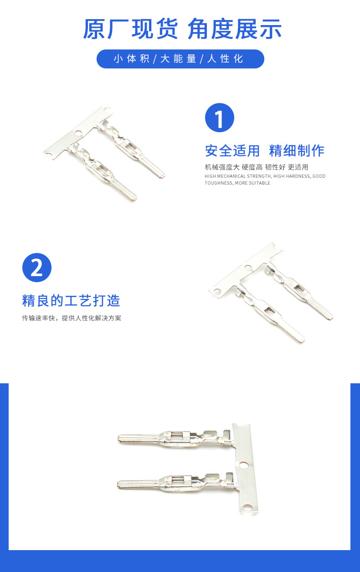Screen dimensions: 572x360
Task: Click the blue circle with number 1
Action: (219, 118)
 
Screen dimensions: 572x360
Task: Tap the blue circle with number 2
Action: (37, 268)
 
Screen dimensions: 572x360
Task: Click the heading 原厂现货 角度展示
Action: (182, 29)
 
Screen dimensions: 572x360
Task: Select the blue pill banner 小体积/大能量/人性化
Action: (180, 59)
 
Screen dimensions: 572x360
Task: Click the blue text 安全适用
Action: (232, 150)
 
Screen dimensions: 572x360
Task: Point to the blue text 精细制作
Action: (297, 150)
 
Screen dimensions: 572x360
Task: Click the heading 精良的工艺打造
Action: (71, 301)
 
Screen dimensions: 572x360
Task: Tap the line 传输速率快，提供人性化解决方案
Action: (72, 318)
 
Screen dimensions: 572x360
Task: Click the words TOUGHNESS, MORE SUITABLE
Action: (237, 183)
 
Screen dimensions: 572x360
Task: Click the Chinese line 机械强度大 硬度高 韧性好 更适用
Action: (257, 167)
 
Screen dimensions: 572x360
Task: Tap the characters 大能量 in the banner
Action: (178, 59)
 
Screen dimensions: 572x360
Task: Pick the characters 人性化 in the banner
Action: (225, 59)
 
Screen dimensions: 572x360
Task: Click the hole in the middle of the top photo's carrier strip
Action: (78, 134)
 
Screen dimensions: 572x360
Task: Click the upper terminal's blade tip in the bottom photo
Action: (121, 438)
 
